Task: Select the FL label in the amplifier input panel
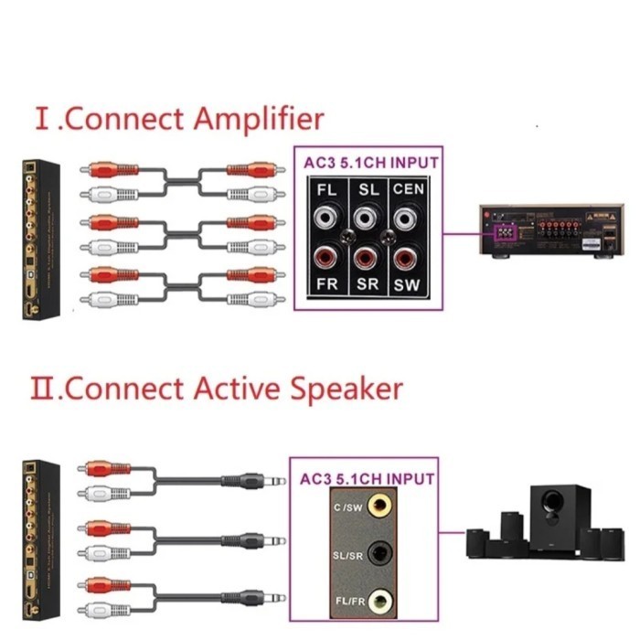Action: (326, 190)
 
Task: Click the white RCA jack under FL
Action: (326, 218)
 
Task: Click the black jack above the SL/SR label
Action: (389, 552)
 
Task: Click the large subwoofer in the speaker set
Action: (553, 517)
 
